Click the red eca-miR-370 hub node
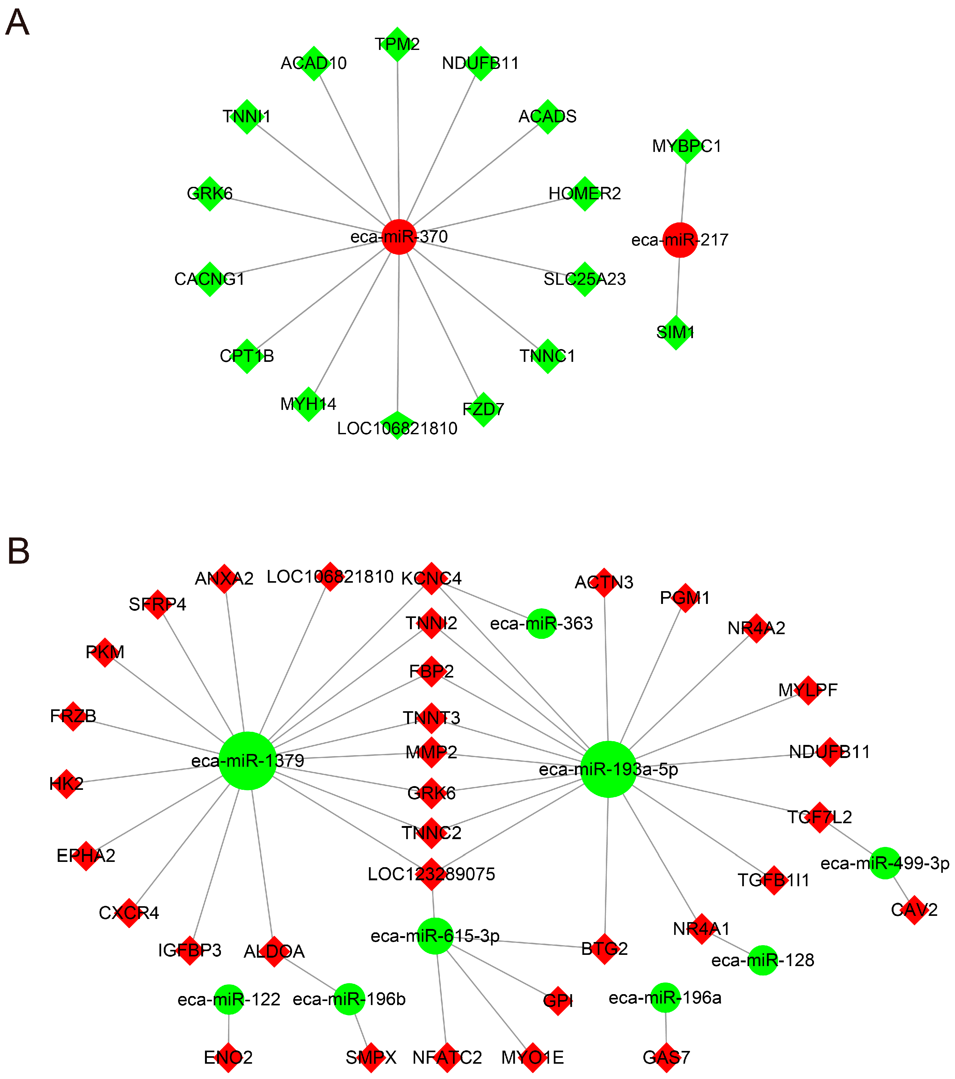[399, 236]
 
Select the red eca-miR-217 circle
[680, 240]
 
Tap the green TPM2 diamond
[397, 44]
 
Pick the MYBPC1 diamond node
[687, 146]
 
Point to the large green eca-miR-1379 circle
[248, 761]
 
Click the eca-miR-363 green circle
[542, 624]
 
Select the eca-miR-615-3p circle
[435, 936]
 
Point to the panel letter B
[18, 552]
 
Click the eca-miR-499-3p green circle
[885, 863]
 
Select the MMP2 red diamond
[431, 752]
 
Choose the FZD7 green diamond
[483, 410]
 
